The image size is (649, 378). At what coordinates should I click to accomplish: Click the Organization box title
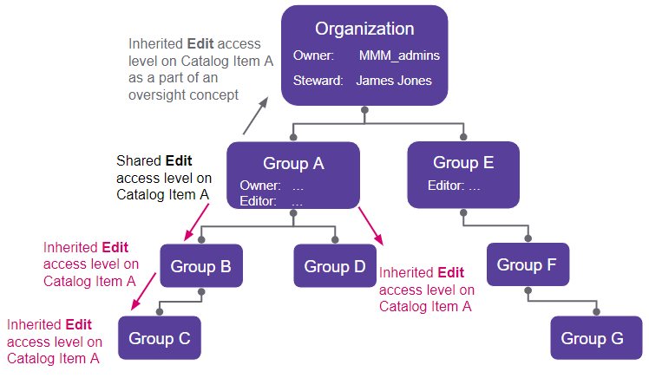click(x=364, y=29)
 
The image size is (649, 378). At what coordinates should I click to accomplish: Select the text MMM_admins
click(x=399, y=55)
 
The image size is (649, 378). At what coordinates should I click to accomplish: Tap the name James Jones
click(x=395, y=81)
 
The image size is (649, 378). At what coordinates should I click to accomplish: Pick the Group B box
click(x=200, y=265)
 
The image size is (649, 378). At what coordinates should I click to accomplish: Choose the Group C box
click(x=160, y=338)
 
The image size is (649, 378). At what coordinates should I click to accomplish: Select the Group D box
click(x=335, y=265)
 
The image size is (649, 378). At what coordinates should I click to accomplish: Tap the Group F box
click(x=527, y=265)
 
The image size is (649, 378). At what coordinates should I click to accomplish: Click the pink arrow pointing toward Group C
click(x=143, y=291)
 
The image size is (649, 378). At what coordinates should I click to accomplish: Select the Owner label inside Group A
click(x=259, y=186)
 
